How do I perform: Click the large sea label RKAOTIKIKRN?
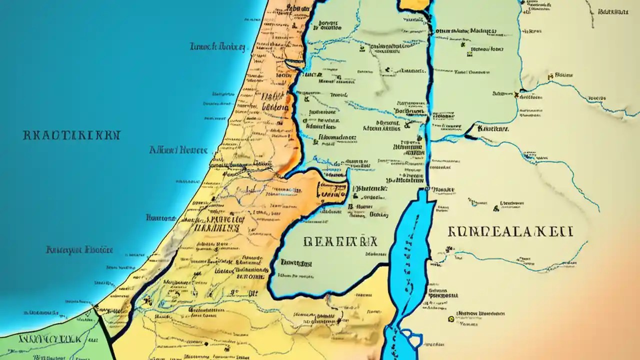pyautogui.click(x=71, y=135)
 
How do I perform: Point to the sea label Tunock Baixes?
pyautogui.click(x=217, y=47)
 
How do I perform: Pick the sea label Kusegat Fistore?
pyautogui.click(x=79, y=249)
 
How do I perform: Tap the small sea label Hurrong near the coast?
pyautogui.click(x=160, y=218)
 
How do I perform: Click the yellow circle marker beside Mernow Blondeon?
pyautogui.click(x=452, y=317)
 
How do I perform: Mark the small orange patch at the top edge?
pyautogui.click(x=414, y=4)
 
